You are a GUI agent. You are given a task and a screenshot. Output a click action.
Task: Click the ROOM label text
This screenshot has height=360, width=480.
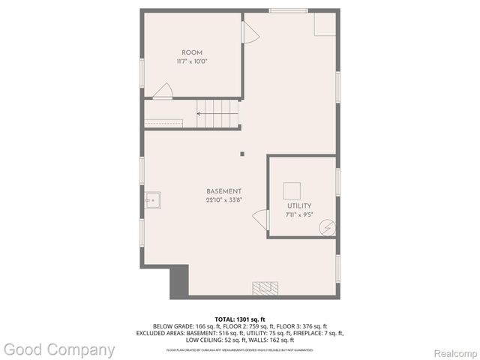[193, 52]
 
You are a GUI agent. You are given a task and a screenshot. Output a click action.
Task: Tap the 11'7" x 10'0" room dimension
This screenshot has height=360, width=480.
[192, 61]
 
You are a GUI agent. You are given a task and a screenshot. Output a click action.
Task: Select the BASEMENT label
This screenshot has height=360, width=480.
[224, 191]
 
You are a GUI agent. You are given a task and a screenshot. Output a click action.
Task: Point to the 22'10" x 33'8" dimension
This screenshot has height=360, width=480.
[224, 200]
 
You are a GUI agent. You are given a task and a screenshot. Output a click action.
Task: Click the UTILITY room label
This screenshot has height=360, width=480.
[298, 205]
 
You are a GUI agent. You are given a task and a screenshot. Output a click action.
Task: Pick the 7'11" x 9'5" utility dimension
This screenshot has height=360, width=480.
[298, 214]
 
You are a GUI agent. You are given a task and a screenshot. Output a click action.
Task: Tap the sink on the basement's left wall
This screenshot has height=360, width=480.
[153, 200]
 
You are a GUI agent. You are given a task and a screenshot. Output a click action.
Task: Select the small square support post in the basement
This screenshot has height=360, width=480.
[241, 154]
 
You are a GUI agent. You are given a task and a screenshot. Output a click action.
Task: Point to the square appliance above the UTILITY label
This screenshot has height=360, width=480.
[292, 190]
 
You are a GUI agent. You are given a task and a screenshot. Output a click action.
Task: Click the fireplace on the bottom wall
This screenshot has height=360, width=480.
[265, 289]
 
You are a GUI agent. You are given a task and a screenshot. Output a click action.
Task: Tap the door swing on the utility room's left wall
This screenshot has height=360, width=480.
[260, 220]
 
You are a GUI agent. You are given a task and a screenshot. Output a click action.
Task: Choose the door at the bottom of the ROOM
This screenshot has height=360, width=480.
[163, 91]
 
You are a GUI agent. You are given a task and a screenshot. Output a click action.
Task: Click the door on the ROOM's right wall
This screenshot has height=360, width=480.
[249, 33]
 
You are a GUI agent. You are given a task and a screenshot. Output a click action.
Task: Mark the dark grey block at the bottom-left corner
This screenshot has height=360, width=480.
[178, 283]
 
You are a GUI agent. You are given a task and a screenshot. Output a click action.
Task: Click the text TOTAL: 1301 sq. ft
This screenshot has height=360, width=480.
[240, 319]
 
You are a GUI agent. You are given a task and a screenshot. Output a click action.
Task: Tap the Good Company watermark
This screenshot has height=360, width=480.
[59, 349]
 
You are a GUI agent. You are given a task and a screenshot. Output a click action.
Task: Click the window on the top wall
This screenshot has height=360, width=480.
[288, 10]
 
